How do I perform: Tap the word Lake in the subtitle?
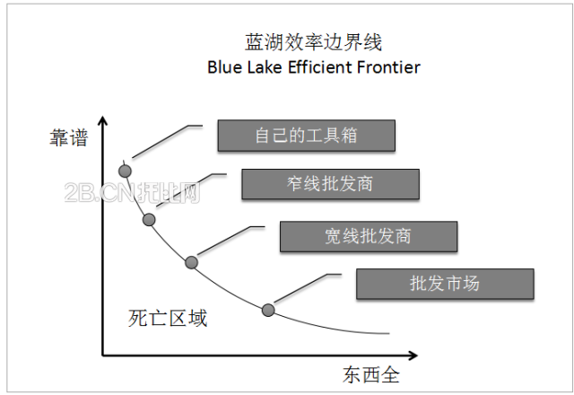[266, 67]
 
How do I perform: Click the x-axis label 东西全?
[370, 373]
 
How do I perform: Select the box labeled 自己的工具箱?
[306, 135]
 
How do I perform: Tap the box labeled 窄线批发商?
[330, 184]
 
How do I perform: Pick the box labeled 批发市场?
[445, 284]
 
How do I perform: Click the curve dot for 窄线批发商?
[149, 219]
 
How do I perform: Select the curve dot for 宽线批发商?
[191, 262]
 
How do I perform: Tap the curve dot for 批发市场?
[267, 311]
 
